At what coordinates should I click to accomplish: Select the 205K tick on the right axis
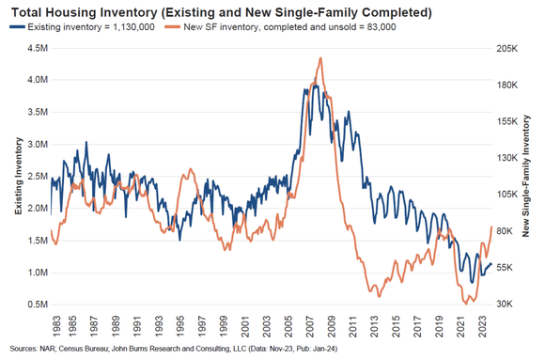[507, 48]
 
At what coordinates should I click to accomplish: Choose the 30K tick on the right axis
[507, 305]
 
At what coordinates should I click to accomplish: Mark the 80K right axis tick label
[507, 231]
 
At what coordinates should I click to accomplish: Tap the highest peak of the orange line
[320, 57]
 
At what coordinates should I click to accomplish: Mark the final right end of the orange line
[491, 227]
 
